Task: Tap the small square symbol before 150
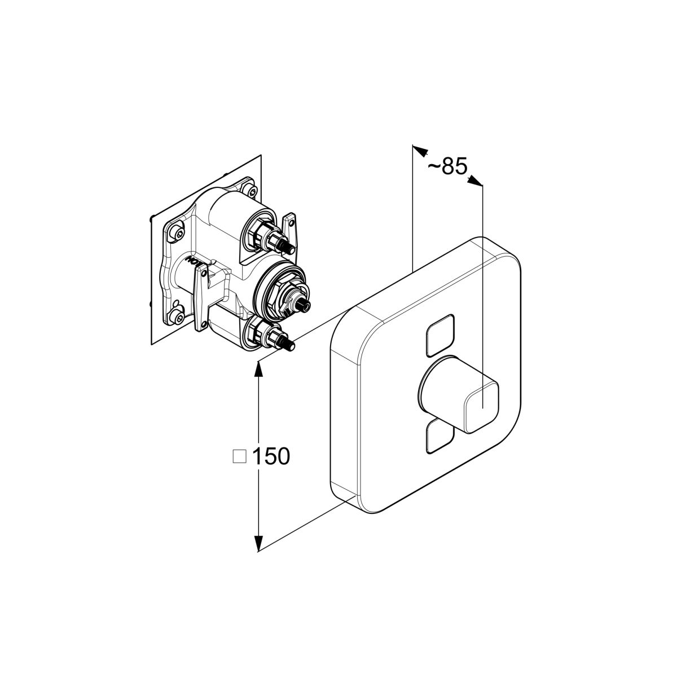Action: click(x=240, y=456)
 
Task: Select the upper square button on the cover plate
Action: click(x=440, y=336)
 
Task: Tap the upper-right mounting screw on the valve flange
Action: click(x=252, y=191)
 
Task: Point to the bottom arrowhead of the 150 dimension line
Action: click(x=258, y=542)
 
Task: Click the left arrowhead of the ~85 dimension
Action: click(x=420, y=151)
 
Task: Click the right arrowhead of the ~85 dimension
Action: click(x=475, y=181)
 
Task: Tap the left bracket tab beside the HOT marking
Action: click(x=201, y=298)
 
